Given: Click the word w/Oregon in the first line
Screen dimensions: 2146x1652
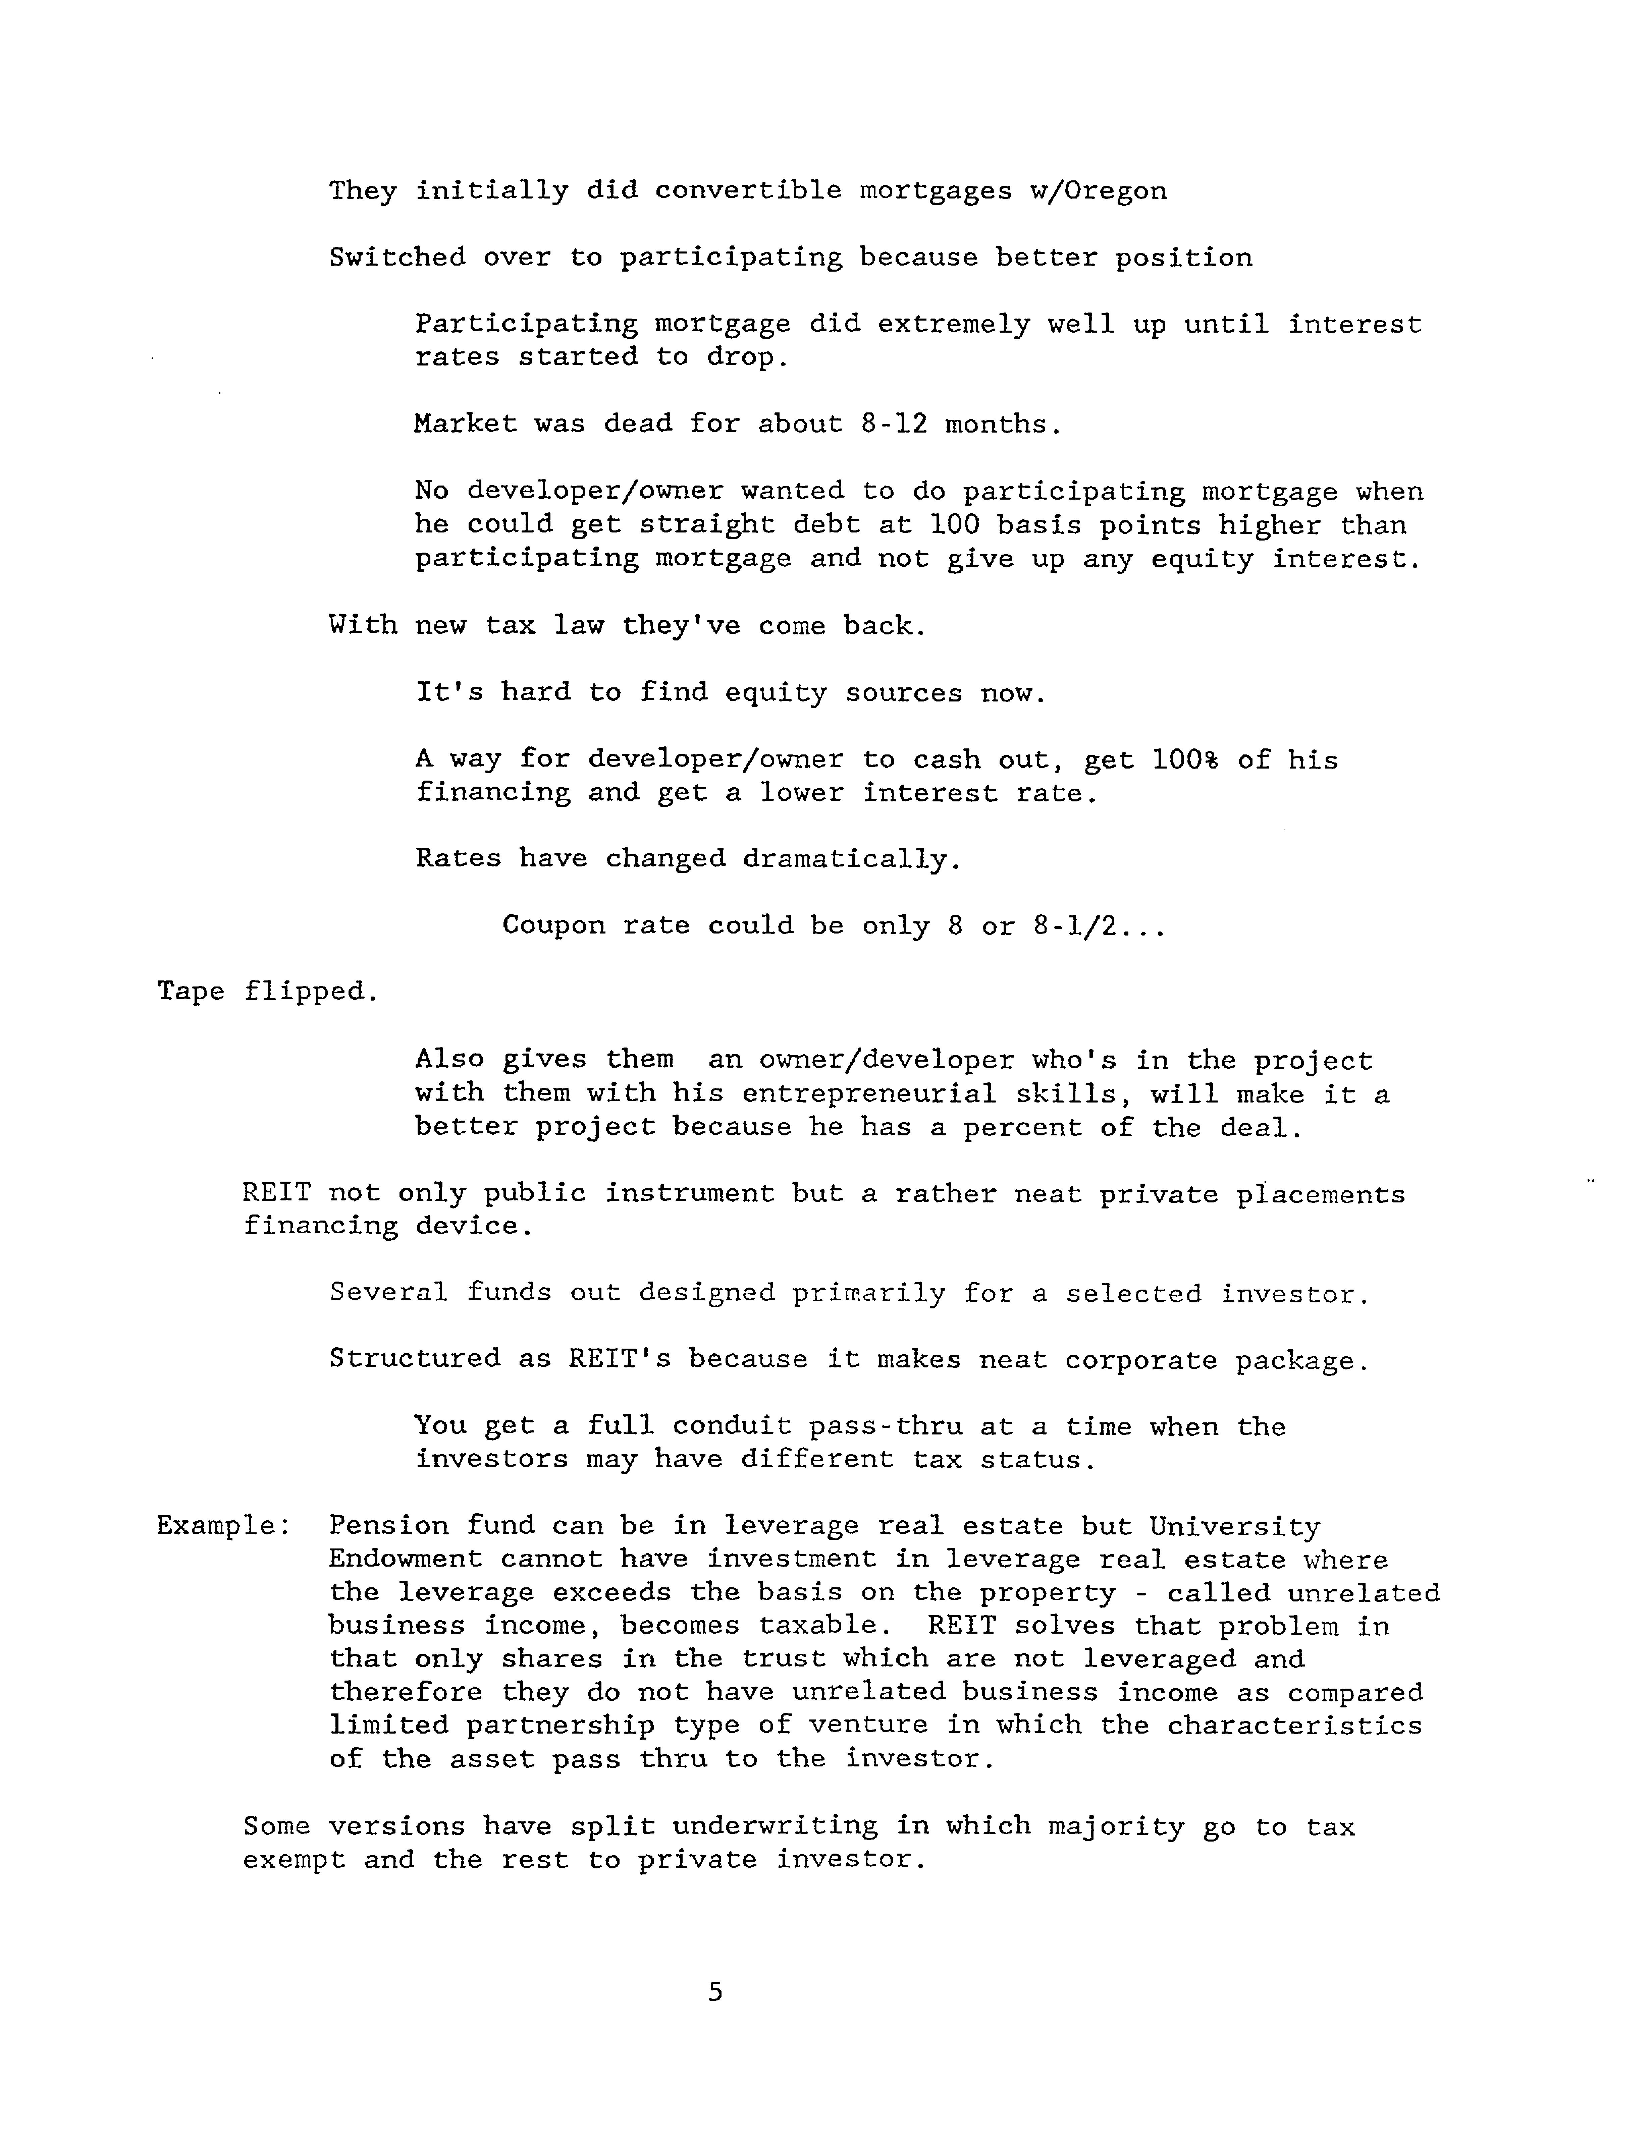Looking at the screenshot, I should click(1098, 190).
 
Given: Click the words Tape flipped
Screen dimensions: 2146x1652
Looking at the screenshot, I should click(267, 992).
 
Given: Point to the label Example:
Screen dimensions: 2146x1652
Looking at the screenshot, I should click(223, 1526).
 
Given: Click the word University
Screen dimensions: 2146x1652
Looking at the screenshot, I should click(1234, 1526).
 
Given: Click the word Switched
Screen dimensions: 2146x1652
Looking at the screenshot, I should click(397, 258).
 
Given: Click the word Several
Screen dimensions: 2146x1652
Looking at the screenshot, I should click(388, 1293).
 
